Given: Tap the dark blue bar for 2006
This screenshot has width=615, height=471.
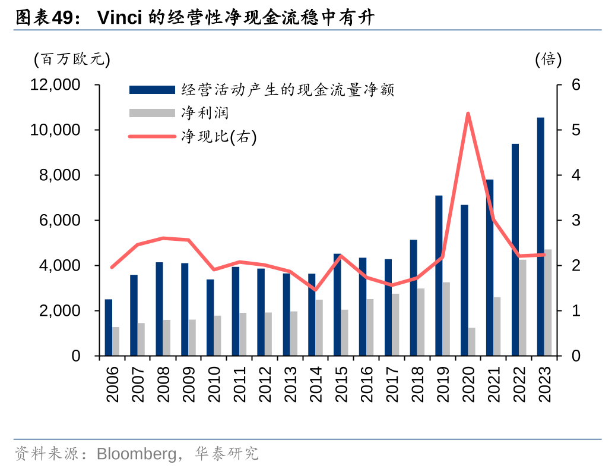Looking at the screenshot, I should [x=109, y=327].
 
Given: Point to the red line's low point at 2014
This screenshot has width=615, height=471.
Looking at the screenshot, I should [x=315, y=290].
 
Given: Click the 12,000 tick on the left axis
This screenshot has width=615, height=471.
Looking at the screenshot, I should [x=55, y=85].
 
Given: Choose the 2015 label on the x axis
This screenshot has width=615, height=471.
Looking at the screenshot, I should [x=341, y=384].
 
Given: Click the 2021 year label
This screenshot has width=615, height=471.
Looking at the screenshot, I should [x=493, y=384].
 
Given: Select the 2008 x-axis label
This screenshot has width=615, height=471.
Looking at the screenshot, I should [x=163, y=384].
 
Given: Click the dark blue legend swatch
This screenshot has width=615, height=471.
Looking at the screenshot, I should [x=152, y=90].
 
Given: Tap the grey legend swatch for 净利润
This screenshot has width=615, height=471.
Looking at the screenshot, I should [x=152, y=112].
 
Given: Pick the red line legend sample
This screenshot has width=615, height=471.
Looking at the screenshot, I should [x=152, y=137].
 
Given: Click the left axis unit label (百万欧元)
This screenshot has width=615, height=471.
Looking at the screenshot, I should [x=72, y=59].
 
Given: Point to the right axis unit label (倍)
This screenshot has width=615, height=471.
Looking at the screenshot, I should [x=549, y=59].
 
